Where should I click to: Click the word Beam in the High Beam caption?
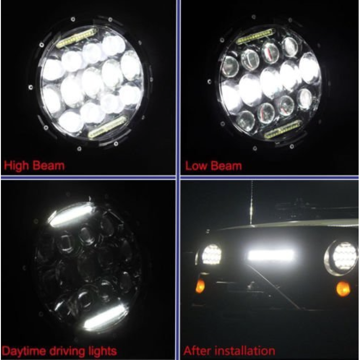pos(49,165)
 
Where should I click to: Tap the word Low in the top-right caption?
pos(196,166)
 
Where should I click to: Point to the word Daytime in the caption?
pos(23,352)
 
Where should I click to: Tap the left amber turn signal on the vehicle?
pos(200,286)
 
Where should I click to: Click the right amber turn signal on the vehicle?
pos(343,288)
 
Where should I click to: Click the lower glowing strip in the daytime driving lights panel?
pos(105,316)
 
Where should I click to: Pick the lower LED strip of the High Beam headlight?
pos(107,127)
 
